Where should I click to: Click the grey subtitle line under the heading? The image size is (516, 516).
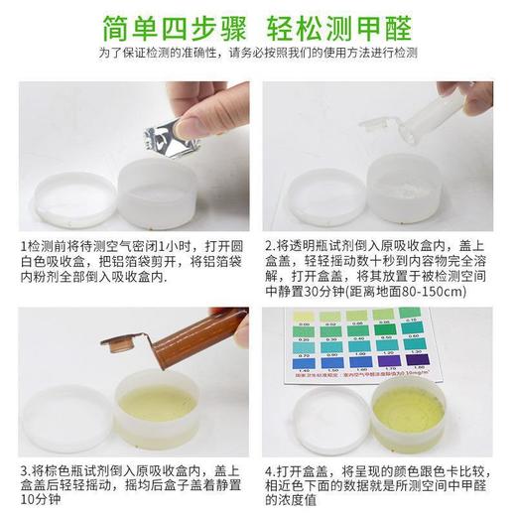tap(257, 57)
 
